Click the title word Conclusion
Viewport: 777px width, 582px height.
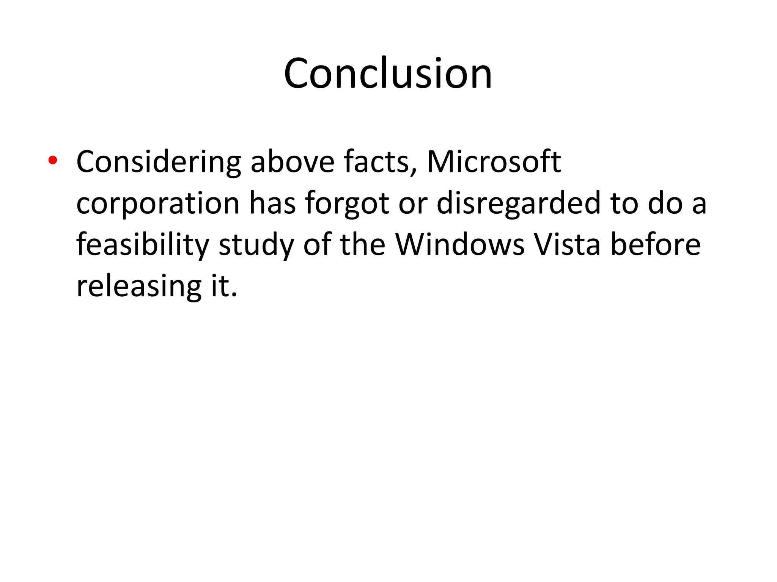tap(388, 74)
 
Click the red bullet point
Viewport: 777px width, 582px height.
tap(53, 160)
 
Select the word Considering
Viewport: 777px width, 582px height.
tap(159, 162)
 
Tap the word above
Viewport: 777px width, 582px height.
tap(293, 162)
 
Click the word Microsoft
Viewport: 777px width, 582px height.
tap(494, 162)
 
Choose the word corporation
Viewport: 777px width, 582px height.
tap(158, 203)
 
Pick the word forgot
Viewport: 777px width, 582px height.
tap(347, 203)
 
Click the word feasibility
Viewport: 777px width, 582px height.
tap(143, 245)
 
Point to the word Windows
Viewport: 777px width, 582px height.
tap(460, 245)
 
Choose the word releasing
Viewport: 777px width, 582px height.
tap(139, 286)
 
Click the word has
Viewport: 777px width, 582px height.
tap(272, 203)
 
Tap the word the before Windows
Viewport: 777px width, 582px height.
tap(363, 245)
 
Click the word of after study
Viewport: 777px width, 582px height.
tap(316, 245)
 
